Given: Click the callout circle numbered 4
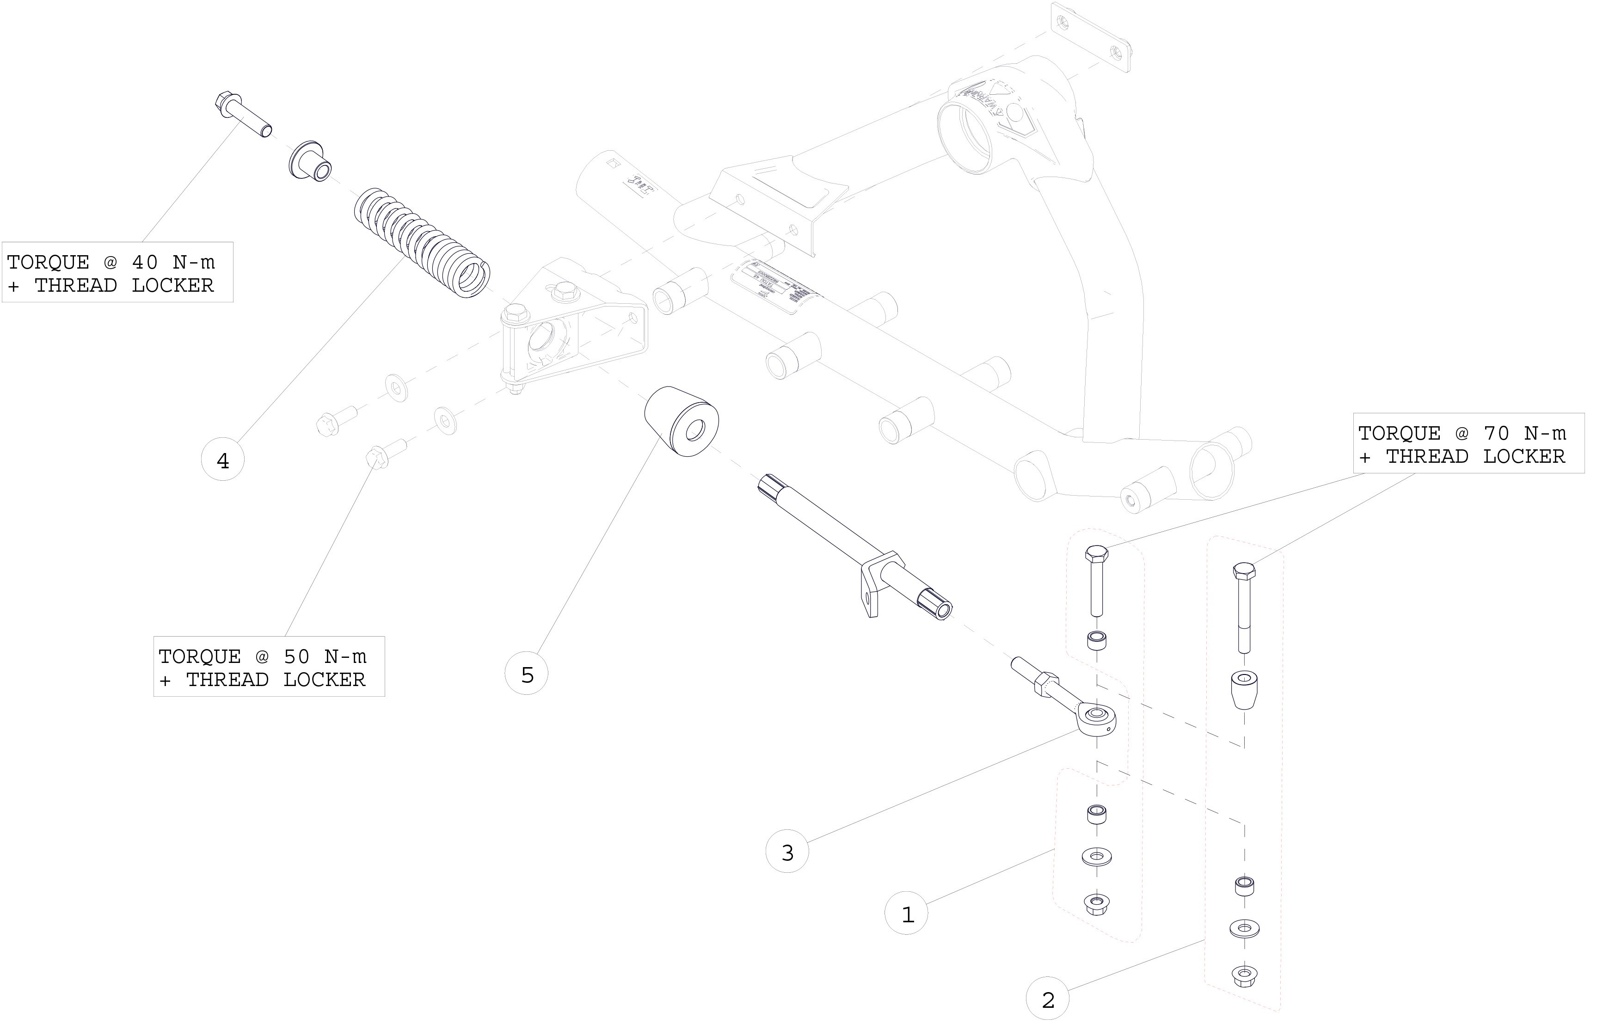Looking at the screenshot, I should click(223, 460).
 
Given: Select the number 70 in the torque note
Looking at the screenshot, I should click(1497, 433).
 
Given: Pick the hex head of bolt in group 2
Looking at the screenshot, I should click(1244, 572).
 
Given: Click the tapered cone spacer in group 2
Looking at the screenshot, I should click(1243, 690).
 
